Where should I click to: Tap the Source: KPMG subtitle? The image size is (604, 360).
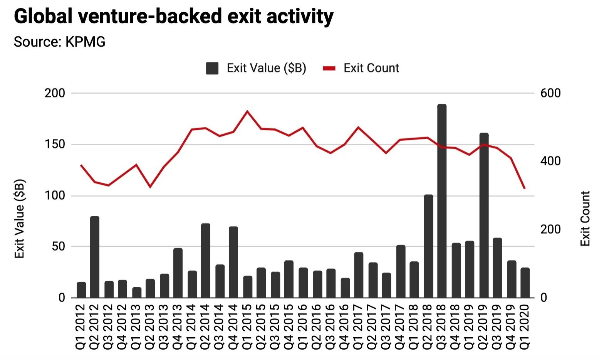click(x=60, y=42)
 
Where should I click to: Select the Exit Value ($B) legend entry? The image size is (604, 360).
click(x=257, y=68)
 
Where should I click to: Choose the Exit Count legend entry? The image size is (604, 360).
click(x=361, y=68)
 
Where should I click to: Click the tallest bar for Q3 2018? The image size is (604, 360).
click(x=442, y=200)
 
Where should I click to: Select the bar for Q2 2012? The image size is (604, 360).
click(x=95, y=257)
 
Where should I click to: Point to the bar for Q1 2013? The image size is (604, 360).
click(x=137, y=292)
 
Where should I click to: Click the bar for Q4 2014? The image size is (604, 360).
click(x=233, y=262)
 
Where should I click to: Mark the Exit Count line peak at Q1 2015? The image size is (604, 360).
click(x=247, y=111)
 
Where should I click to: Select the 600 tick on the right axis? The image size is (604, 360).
click(x=550, y=93)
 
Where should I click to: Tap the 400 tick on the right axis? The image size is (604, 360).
click(x=550, y=161)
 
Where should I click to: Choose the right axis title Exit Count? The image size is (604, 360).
click(x=585, y=219)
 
